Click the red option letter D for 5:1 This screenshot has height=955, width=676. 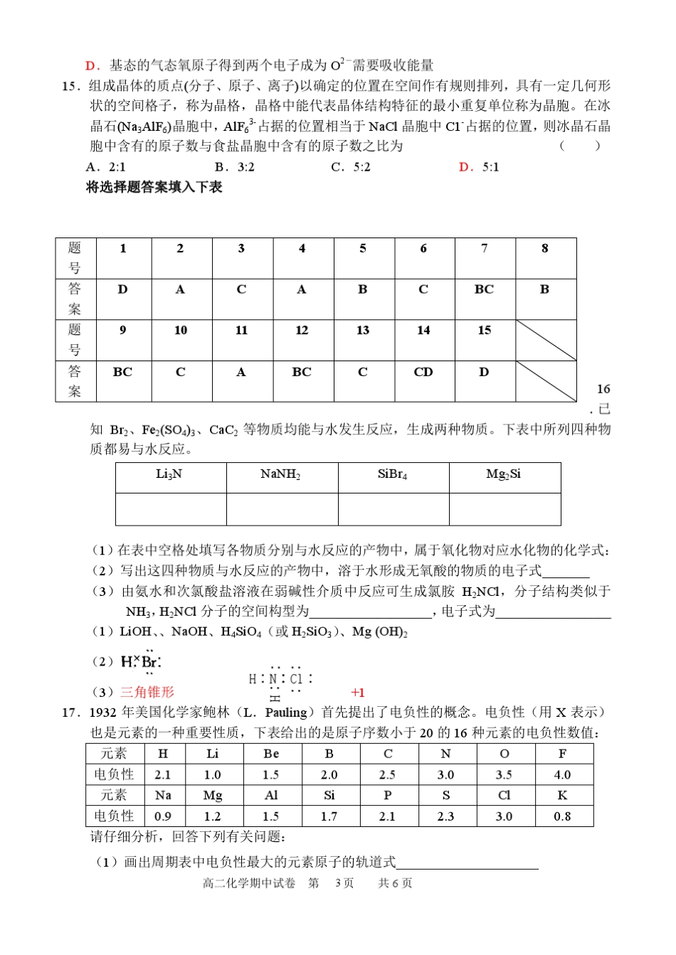[x=467, y=167]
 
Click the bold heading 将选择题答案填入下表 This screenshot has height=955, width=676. [x=154, y=187]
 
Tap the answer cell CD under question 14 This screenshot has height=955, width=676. [x=423, y=372]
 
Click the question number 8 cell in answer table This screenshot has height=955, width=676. [x=545, y=249]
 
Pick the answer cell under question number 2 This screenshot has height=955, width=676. [x=181, y=289]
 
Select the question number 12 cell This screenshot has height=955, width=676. [x=302, y=331]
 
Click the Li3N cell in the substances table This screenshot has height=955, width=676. [x=170, y=474]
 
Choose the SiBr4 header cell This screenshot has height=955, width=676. [x=393, y=474]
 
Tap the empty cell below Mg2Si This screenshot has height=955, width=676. [x=505, y=509]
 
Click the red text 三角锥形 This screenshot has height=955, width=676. [x=147, y=692]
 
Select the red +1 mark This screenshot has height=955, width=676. [x=358, y=693]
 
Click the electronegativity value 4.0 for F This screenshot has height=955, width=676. [x=562, y=775]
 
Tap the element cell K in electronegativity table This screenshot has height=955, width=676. [x=562, y=796]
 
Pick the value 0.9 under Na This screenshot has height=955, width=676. [x=163, y=816]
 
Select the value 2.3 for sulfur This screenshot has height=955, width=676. [x=445, y=816]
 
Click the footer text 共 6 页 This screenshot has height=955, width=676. [x=395, y=884]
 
